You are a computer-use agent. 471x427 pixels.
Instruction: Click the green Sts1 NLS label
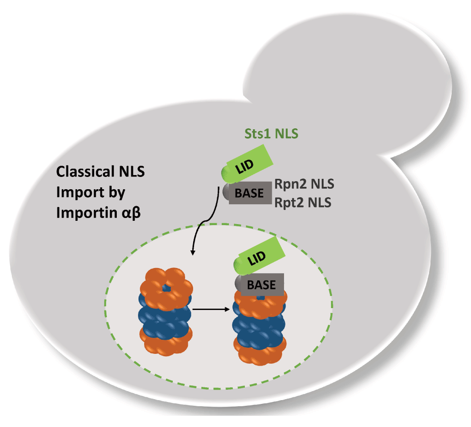(x=271, y=134)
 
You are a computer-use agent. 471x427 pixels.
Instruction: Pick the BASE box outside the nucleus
(x=249, y=193)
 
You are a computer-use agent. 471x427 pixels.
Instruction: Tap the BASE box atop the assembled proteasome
(x=261, y=285)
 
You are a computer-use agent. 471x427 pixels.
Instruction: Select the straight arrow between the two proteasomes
(x=212, y=310)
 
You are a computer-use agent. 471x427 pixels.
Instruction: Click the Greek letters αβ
(x=124, y=213)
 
